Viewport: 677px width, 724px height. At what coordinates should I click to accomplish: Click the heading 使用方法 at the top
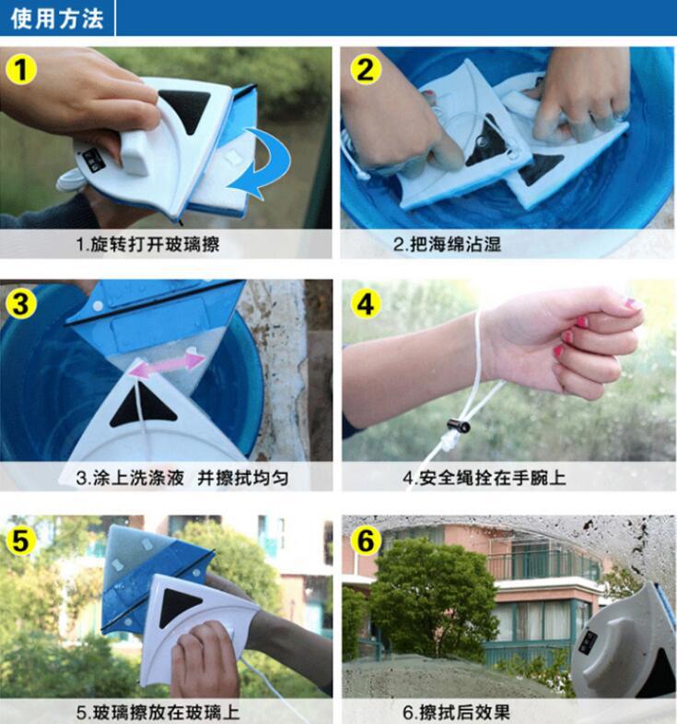57,18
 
